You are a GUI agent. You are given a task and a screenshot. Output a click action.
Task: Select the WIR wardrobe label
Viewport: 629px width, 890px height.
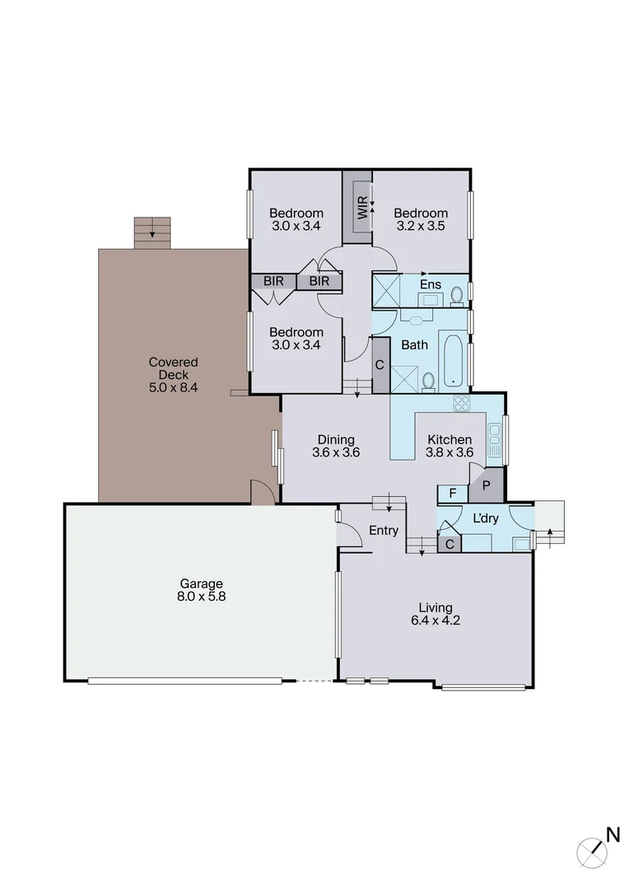[x=361, y=206]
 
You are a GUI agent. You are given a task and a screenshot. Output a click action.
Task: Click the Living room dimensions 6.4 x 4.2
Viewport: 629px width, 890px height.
[x=436, y=621]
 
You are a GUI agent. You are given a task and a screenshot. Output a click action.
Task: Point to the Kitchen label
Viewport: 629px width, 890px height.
[x=449, y=439]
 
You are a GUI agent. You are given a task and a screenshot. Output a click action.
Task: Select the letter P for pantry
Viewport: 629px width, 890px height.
[x=486, y=485]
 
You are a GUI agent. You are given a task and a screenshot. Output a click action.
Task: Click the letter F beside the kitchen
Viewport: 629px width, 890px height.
[x=452, y=494]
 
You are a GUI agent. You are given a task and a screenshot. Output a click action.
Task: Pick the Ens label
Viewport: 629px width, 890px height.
[x=431, y=285]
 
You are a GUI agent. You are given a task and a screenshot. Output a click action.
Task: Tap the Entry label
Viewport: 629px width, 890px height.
[x=384, y=531]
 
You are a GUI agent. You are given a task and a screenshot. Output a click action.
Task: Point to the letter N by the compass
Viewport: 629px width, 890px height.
[x=613, y=835]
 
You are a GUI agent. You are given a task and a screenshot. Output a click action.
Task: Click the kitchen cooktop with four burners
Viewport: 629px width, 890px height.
[x=462, y=404]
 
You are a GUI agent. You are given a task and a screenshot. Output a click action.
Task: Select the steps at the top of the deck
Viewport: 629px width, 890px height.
[x=152, y=233]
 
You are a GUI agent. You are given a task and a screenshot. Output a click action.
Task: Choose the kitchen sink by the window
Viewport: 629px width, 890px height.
[x=494, y=440]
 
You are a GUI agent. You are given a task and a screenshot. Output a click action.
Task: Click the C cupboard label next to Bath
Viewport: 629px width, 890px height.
[x=380, y=365]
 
